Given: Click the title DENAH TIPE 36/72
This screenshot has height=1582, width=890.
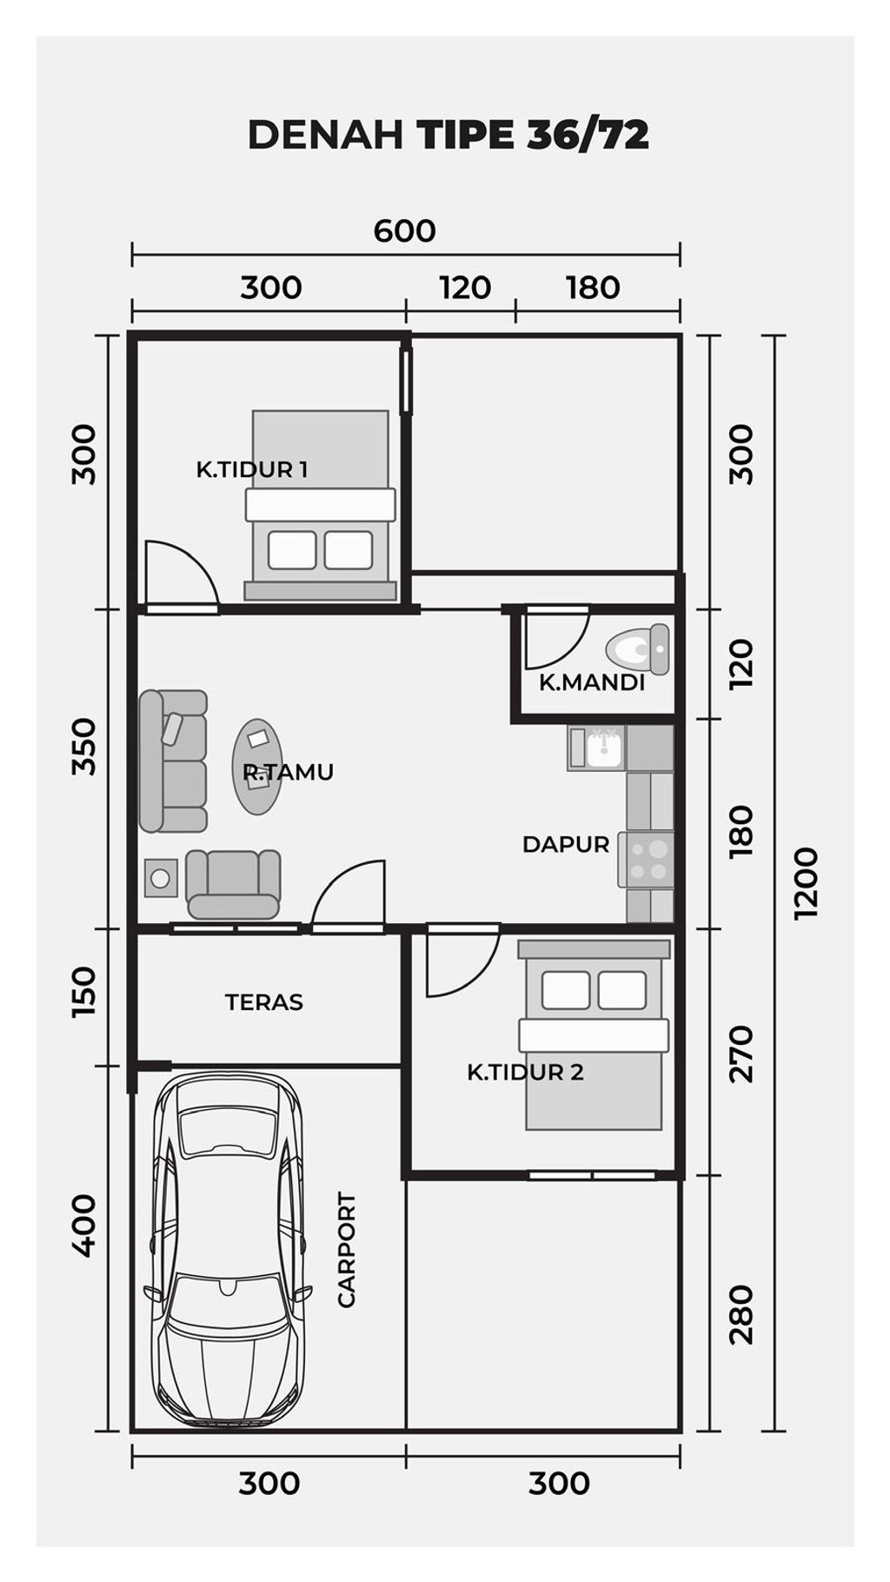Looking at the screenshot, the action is click(x=448, y=135).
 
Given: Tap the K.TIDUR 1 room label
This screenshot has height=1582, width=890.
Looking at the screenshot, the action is click(x=251, y=469).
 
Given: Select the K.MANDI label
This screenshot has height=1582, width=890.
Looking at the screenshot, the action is click(x=592, y=682).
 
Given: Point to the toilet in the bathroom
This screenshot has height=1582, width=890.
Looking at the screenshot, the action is click(x=639, y=648).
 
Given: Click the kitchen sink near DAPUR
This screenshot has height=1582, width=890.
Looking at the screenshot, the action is click(x=596, y=748).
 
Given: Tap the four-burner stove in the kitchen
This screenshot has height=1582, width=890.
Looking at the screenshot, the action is click(x=647, y=860).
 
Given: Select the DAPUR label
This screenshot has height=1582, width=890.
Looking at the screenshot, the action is click(x=566, y=844).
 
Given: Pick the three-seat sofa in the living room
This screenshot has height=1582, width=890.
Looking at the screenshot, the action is click(x=174, y=761).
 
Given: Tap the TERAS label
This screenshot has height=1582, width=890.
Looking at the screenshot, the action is click(x=264, y=1002).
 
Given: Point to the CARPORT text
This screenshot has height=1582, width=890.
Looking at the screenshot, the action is click(x=346, y=1250).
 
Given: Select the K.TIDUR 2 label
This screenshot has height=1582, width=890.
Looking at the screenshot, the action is click(x=525, y=1072).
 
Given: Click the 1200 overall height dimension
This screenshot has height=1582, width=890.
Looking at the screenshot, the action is click(x=806, y=881).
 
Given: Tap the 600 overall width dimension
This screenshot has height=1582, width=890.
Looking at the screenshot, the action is click(x=405, y=231).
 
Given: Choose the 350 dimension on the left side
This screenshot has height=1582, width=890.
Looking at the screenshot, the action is click(x=84, y=746).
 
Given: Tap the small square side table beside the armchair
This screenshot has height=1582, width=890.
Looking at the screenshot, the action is click(x=161, y=879).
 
